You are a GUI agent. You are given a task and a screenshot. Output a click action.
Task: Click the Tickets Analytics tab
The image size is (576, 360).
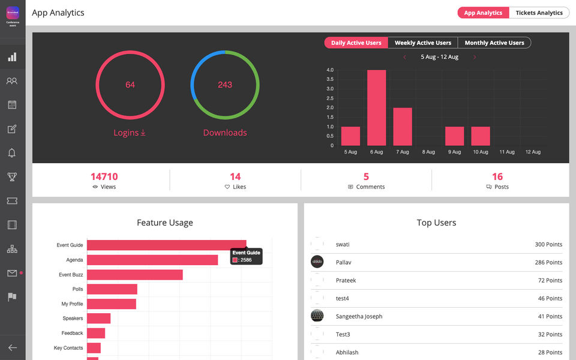[539, 13]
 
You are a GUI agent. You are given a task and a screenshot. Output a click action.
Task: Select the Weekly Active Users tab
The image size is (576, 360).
[422, 43]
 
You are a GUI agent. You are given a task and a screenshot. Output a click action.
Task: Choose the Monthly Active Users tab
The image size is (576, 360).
[494, 43]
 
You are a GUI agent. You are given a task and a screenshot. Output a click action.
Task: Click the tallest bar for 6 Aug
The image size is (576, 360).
[376, 108]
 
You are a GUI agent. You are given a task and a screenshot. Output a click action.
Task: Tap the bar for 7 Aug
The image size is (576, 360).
[403, 127]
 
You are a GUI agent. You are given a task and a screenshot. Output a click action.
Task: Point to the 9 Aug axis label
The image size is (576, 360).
[454, 152]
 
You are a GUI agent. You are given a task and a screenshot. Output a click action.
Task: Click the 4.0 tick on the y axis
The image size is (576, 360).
[330, 70]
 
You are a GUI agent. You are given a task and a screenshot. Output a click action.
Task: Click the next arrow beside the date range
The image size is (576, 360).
[475, 57]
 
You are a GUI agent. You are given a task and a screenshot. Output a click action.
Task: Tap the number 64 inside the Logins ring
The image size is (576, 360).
[130, 85]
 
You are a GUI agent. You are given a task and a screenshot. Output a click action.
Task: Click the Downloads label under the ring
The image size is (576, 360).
[225, 133]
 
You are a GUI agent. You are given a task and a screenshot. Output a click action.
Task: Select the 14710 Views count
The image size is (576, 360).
[104, 176]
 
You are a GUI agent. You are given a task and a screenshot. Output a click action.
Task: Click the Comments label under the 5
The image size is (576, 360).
[370, 187]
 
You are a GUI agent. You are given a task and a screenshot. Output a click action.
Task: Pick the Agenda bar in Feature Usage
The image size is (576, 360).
[152, 260]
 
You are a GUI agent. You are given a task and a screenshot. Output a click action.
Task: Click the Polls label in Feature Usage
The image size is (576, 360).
[77, 289]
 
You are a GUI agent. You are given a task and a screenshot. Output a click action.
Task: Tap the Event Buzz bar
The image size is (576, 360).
[134, 274]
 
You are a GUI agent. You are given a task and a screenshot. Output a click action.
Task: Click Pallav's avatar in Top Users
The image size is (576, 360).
[317, 262]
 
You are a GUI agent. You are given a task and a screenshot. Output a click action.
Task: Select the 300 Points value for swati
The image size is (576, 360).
[548, 245]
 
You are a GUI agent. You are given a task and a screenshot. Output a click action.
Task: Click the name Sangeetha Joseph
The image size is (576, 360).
[359, 317]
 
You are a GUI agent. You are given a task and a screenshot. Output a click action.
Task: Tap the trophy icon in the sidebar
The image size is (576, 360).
[12, 177]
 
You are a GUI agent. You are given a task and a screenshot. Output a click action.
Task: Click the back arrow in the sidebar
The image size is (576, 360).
[12, 347]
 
